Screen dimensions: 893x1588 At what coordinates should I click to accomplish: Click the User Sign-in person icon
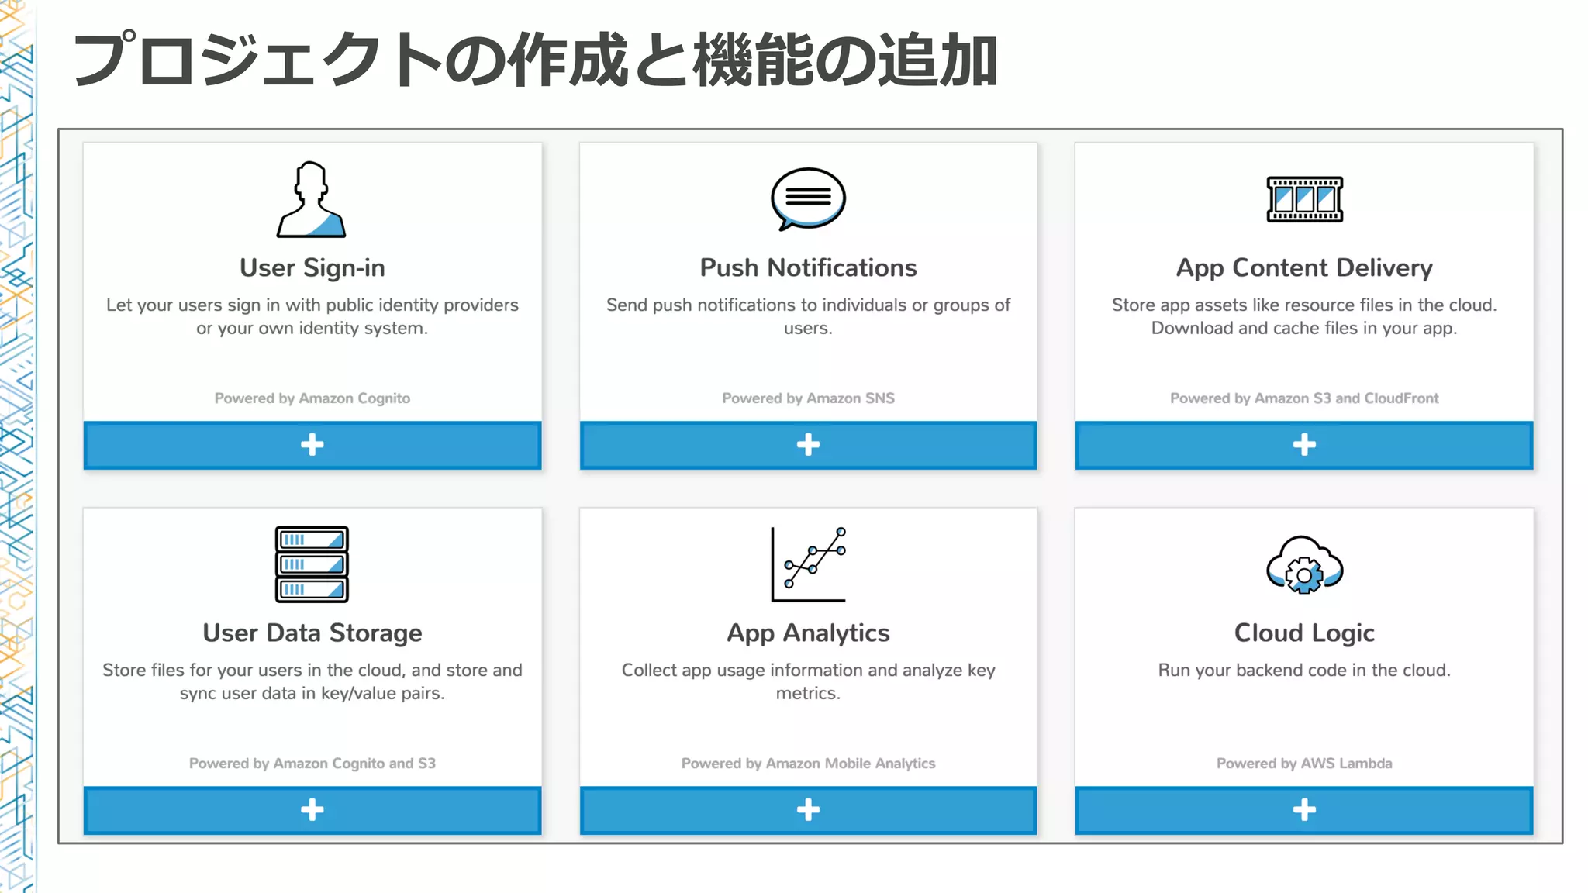(x=312, y=200)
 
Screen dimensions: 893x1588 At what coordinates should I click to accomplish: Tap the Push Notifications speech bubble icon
(x=808, y=198)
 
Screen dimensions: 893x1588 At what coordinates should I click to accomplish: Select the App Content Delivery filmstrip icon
(x=1304, y=199)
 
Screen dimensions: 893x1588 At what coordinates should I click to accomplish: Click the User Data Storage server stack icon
(x=312, y=564)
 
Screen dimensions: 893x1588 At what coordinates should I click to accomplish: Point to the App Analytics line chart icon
(x=808, y=564)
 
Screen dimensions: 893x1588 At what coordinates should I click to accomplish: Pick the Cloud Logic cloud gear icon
(x=1304, y=565)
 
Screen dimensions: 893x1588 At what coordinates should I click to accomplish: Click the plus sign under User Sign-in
(x=312, y=445)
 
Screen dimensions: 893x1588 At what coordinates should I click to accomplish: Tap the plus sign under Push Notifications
(x=808, y=445)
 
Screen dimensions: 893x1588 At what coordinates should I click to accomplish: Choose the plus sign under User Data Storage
(x=312, y=810)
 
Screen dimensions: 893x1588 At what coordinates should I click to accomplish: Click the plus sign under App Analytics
(x=808, y=810)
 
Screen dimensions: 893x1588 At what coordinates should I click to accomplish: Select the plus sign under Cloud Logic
(x=1304, y=810)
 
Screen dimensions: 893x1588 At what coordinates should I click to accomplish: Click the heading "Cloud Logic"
(x=1304, y=633)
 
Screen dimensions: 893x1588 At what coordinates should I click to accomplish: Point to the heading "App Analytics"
(x=808, y=633)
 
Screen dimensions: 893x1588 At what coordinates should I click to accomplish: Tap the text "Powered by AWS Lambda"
(x=1304, y=764)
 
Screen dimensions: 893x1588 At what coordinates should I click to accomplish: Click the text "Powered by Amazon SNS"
(x=808, y=398)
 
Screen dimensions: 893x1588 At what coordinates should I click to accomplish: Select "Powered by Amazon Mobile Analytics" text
(x=808, y=764)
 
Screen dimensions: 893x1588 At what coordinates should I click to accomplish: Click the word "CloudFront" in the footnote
(x=1401, y=398)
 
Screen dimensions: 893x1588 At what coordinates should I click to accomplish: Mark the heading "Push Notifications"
(x=808, y=267)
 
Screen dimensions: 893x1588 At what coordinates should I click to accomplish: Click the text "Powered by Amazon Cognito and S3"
(x=312, y=764)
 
